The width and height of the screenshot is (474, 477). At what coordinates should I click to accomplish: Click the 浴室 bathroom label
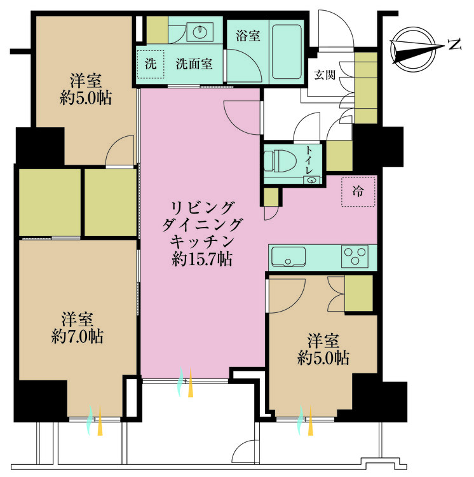pyautogui.click(x=248, y=36)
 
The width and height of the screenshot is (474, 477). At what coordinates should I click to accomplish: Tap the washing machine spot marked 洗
pyautogui.click(x=151, y=64)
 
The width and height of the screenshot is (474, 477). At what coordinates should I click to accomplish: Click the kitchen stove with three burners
pyautogui.click(x=356, y=256)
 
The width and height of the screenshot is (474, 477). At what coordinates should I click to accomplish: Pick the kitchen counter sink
pyautogui.click(x=290, y=257)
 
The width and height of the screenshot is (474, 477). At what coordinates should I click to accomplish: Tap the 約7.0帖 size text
pyautogui.click(x=78, y=335)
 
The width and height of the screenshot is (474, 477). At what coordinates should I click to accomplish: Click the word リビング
pyautogui.click(x=201, y=207)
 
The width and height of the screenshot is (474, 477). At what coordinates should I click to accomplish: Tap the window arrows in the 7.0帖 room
pyautogui.click(x=95, y=420)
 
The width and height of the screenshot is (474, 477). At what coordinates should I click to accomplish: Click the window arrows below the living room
pyautogui.click(x=185, y=382)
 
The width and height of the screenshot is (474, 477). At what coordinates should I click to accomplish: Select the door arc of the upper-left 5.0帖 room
pyautogui.click(x=118, y=153)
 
